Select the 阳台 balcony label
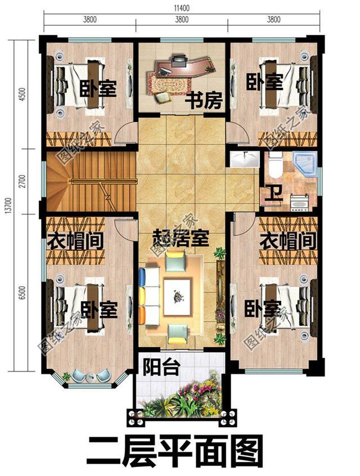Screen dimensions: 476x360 point(161,368)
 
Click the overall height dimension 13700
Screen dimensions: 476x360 point(8,206)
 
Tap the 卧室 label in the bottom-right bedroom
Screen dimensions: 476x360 point(262,309)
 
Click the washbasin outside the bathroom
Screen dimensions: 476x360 point(244,158)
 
